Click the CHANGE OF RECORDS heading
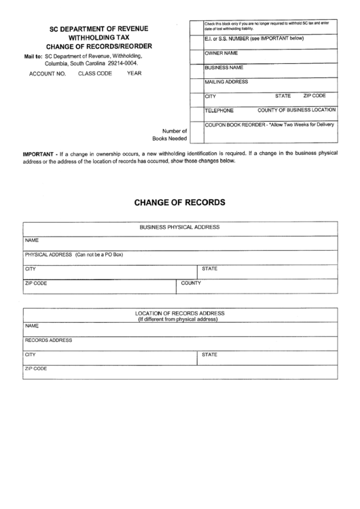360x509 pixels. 179,202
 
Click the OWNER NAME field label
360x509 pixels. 221,52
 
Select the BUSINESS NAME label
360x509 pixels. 223,68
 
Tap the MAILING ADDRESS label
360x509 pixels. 226,82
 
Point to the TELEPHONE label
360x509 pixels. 219,110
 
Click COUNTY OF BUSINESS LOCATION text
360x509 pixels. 296,109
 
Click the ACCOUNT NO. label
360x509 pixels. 47,73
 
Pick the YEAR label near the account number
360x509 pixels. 134,73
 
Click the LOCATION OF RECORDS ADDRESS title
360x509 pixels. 179,313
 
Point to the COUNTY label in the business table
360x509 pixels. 191,283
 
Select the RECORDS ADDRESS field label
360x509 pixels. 48,340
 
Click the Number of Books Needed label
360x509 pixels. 173,134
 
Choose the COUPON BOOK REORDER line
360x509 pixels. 269,124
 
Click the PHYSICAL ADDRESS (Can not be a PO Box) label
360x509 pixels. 73,254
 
